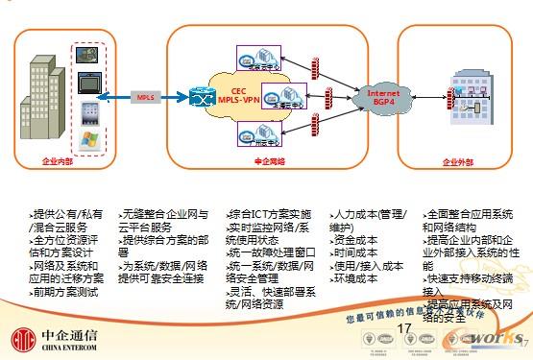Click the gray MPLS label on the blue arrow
coord(143,97)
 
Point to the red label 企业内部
coord(60,163)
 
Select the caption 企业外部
coord(459,163)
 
